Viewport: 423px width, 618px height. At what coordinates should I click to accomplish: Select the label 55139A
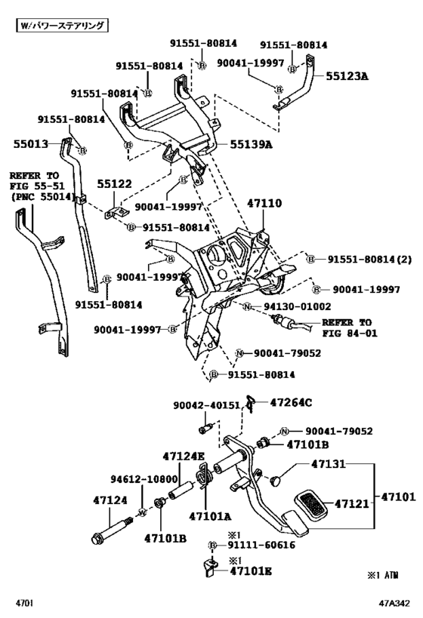pyautogui.click(x=251, y=144)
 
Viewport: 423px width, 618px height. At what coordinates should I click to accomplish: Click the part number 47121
pyautogui.click(x=352, y=503)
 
